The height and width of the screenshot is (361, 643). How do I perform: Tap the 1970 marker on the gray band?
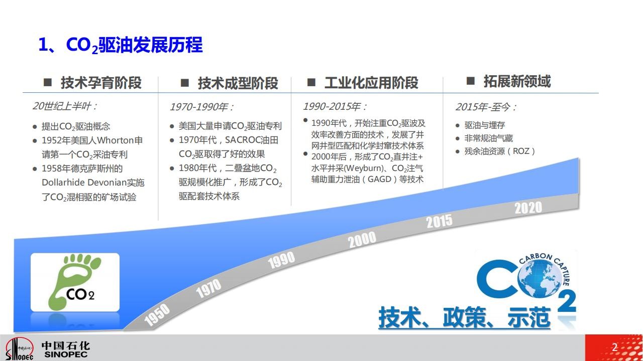click(x=208, y=288)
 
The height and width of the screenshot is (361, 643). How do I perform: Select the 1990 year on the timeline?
click(x=281, y=260)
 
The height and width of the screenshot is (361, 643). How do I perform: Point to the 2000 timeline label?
click(x=362, y=240)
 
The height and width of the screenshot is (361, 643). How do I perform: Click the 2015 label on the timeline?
click(x=439, y=221)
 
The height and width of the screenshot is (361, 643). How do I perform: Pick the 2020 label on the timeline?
click(x=528, y=208)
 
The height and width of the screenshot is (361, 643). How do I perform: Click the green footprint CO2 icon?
click(x=75, y=282)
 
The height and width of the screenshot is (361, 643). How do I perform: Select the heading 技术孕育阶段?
click(x=101, y=83)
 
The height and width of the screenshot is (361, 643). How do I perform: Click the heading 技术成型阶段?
click(x=238, y=83)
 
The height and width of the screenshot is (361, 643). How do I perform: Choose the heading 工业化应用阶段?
click(x=371, y=83)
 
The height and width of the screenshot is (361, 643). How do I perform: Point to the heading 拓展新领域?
click(x=517, y=81)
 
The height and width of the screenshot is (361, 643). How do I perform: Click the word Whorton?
click(x=116, y=140)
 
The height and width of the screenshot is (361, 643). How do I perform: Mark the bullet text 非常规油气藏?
click(x=489, y=138)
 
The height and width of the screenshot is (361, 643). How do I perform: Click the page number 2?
click(x=614, y=347)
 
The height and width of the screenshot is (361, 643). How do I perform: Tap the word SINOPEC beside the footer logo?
click(x=66, y=354)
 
